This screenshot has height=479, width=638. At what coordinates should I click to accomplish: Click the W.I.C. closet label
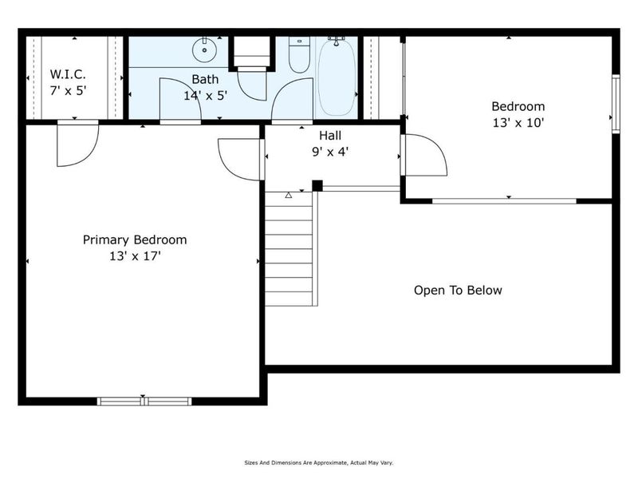(67, 74)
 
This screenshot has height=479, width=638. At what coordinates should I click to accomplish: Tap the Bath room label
(204, 79)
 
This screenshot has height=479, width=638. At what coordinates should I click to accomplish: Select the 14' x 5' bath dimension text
(204, 94)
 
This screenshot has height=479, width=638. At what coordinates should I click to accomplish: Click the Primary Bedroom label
(136, 239)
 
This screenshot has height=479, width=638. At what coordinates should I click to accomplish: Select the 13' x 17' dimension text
(136, 256)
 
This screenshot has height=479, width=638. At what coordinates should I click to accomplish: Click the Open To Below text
(458, 290)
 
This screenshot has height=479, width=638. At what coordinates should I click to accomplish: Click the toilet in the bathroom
(299, 56)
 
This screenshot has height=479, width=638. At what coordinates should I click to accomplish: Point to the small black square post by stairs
(317, 186)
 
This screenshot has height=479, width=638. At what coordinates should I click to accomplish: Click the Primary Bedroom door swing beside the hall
(239, 158)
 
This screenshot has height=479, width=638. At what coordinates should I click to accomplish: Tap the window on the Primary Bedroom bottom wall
(144, 401)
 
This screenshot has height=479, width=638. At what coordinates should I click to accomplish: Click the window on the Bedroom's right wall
(615, 102)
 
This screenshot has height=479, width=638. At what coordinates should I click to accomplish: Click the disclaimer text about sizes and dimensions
(318, 462)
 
